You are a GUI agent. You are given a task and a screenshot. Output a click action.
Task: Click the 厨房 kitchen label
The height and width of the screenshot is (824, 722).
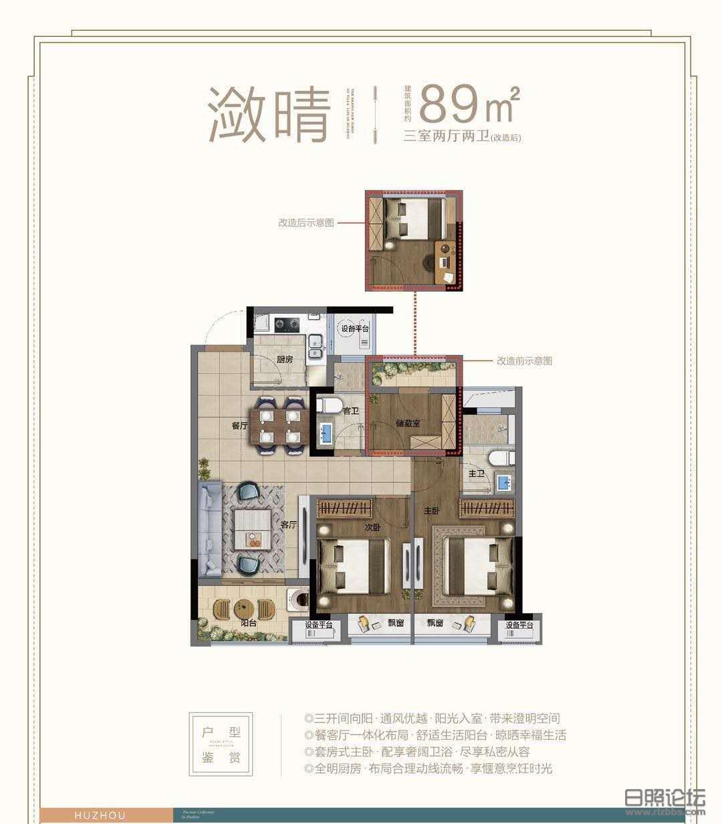(285, 359)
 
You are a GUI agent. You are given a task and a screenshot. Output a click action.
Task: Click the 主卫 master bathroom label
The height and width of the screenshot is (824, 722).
(476, 473)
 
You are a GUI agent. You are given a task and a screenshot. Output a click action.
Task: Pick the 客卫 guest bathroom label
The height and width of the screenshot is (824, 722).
(350, 411)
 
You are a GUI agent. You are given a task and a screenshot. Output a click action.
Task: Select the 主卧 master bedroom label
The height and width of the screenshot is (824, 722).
(431, 510)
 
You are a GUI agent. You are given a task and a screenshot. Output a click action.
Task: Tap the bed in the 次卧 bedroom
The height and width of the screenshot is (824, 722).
(354, 566)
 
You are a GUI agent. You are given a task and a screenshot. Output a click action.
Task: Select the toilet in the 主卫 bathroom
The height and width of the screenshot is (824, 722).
(499, 458)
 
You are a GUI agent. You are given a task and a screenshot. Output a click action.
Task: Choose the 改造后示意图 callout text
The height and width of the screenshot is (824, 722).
(306, 223)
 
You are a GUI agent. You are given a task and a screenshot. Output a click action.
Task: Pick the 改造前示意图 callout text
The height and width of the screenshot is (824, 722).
(524, 360)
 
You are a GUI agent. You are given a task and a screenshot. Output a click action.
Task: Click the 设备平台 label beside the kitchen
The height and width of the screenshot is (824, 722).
(355, 329)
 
